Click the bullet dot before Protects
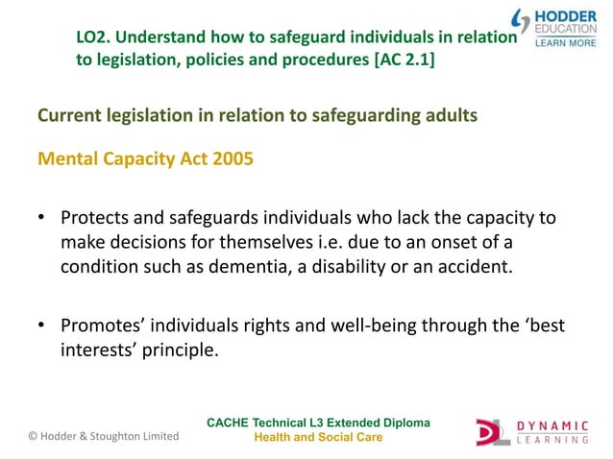pyautogui.click(x=43, y=219)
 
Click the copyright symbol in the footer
pyautogui.click(x=34, y=436)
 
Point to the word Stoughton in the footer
pyautogui.click(x=117, y=436)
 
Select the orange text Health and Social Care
pyautogui.click(x=318, y=437)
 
